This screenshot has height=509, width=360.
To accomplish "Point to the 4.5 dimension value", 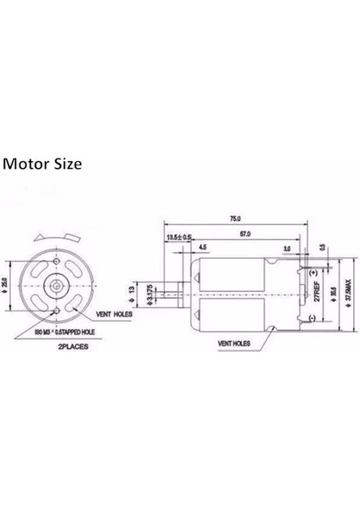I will [x=202, y=247].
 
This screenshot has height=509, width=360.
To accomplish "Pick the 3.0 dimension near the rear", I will [x=287, y=249].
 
